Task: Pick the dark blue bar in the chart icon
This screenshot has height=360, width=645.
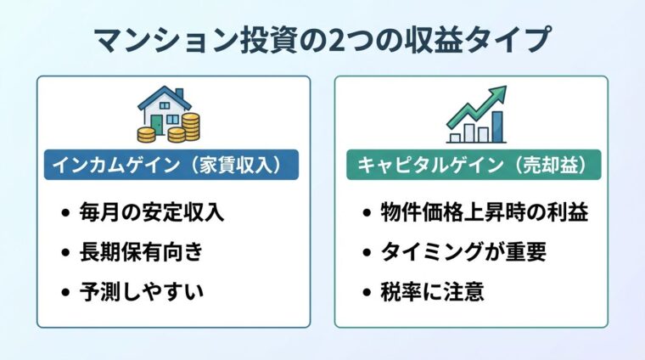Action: pos(496,127)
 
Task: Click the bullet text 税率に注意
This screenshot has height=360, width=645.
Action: pos(433,292)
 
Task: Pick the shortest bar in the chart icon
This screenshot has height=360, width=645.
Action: pos(455,135)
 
